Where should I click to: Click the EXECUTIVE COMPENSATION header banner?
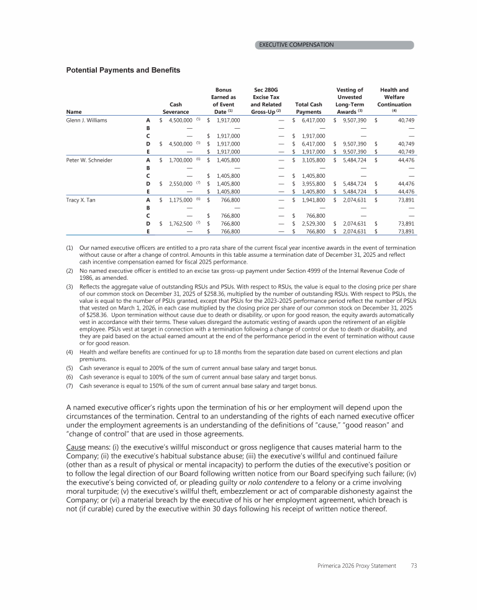(334, 45)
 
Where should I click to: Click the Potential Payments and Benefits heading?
(123, 70)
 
